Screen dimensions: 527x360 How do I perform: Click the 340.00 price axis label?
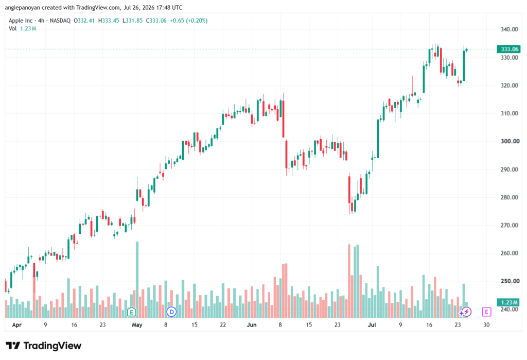tap(509, 29)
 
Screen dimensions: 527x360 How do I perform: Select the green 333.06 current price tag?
tap(508, 49)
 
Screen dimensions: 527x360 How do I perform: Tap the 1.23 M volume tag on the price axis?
tap(508, 302)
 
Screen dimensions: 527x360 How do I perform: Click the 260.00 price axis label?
tap(509, 253)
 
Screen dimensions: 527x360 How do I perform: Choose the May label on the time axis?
tap(137, 324)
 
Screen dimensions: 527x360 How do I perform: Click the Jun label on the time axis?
tap(251, 324)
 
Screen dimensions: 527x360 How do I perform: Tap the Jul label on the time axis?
tap(372, 324)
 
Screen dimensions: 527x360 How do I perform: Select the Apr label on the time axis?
tap(16, 325)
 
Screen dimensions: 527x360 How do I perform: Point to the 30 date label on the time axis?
tap(486, 324)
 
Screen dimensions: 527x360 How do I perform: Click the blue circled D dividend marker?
tap(171, 312)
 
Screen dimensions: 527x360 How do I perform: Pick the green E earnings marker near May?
tap(131, 312)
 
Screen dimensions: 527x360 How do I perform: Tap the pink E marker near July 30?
tap(486, 312)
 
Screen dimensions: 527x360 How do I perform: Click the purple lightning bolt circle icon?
tap(466, 312)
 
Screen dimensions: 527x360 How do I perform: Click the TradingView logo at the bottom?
tap(44, 346)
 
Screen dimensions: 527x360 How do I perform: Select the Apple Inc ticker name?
tap(21, 21)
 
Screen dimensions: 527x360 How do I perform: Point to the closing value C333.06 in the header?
tap(156, 21)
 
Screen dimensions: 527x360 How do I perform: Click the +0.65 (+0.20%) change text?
tap(188, 21)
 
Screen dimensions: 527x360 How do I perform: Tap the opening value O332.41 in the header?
tap(84, 21)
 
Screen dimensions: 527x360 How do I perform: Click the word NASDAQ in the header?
tap(60, 21)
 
